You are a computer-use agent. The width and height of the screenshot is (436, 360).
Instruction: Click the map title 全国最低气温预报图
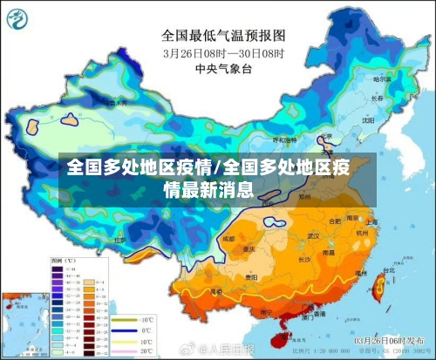pyautogui.click(x=223, y=36)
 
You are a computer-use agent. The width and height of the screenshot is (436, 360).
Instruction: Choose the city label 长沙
pyautogui.click(x=305, y=259)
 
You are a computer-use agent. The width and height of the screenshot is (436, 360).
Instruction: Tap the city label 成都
pyautogui.click(x=228, y=237)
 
